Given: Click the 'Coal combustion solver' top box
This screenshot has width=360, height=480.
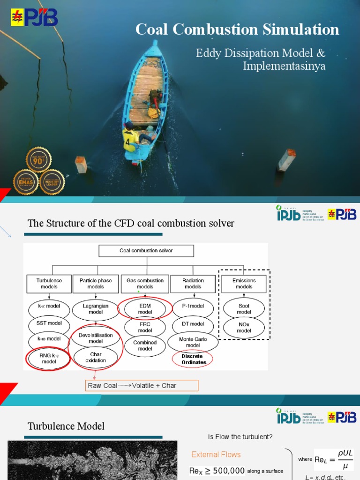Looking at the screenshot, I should pos(146,251).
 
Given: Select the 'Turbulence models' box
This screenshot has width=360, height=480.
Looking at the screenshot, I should pos(49,284).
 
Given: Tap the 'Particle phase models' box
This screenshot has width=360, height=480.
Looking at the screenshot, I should pos(96,284).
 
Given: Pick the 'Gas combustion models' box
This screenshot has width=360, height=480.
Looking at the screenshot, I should pos(145,284).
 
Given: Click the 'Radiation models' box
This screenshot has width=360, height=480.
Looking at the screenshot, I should pos(193,284).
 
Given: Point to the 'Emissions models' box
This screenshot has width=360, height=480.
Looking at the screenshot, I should pos(244,284).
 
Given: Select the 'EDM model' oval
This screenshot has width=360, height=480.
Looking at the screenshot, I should pos(145,309).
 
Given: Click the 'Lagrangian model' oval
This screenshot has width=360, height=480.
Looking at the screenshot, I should pos(96,309).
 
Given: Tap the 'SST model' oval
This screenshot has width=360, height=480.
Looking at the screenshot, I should pos(49,323).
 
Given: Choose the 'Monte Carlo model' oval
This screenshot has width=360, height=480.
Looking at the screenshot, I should pos(193,342).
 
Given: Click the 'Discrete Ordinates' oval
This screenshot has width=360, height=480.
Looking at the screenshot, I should pos(192,360).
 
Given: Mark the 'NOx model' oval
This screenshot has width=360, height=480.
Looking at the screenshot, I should pos(244,327).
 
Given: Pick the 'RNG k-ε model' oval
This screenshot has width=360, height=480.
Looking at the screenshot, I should pos(49,359).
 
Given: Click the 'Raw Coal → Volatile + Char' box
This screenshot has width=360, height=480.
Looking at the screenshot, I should pos(142,386).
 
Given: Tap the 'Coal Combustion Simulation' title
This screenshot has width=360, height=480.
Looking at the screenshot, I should pos(237,29).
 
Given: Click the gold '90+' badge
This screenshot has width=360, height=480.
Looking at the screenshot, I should pos(38,160).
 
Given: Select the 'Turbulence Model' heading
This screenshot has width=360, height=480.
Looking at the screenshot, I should pos(66,426).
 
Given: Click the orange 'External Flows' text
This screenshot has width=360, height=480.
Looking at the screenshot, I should pos(216,454).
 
